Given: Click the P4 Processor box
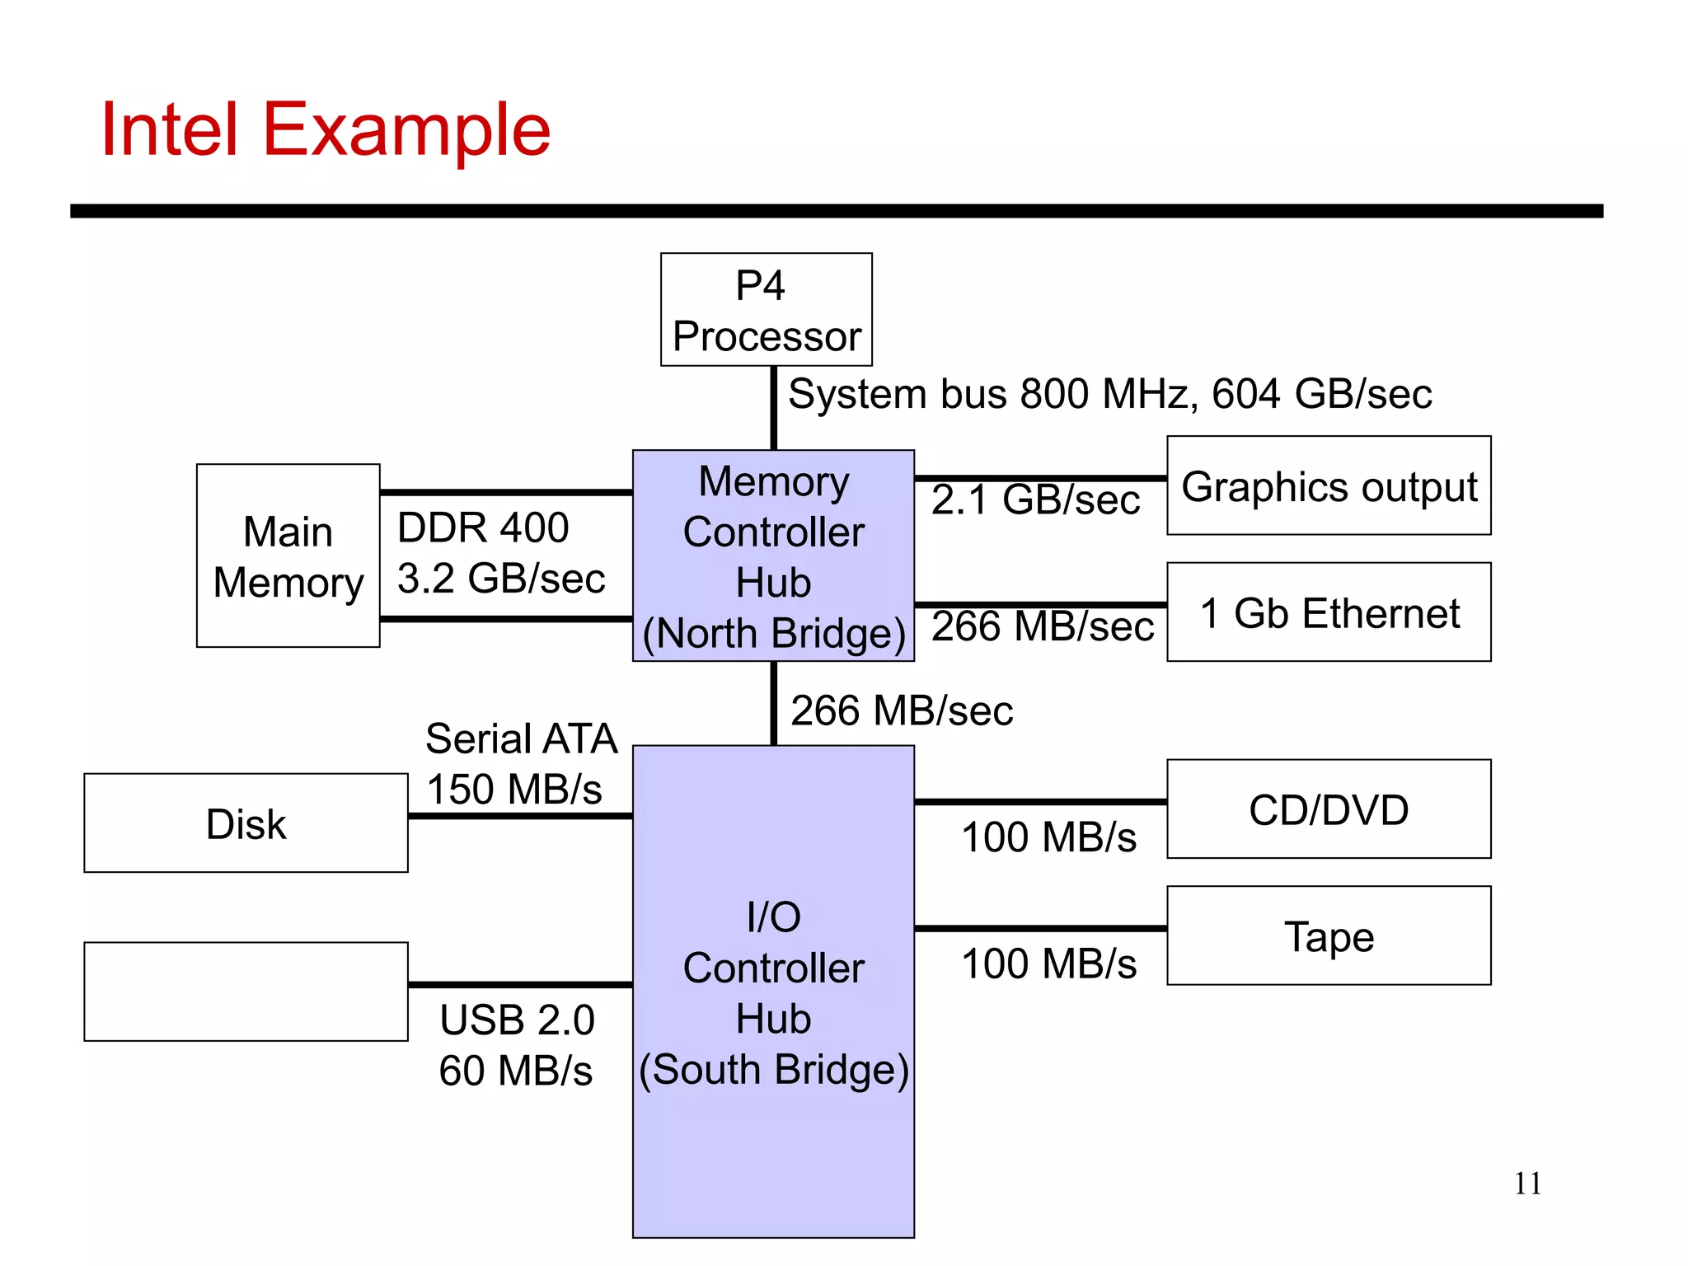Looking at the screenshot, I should tap(766, 309).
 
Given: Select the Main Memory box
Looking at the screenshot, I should tap(288, 556).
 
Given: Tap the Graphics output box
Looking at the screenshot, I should tap(1329, 485).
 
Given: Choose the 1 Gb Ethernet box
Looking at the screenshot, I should tap(1329, 612).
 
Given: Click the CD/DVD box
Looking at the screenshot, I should tap(1329, 809).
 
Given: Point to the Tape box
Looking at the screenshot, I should tap(1329, 935).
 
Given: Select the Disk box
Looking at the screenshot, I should tap(246, 823).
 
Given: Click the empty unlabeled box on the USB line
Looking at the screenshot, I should tap(246, 992).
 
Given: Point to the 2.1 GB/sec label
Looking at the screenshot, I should tap(1035, 499).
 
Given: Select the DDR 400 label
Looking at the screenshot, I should tap(483, 527).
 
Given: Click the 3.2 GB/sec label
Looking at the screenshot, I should tap(501, 579).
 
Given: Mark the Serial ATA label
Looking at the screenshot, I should tap(521, 738).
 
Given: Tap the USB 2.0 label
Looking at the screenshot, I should tap(517, 1020).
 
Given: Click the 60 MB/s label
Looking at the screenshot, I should tap(515, 1071).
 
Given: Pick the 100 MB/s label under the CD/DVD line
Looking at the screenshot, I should tap(1048, 837).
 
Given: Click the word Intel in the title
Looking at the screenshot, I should tap(169, 129).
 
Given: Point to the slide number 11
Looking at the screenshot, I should tap(1527, 1184).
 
